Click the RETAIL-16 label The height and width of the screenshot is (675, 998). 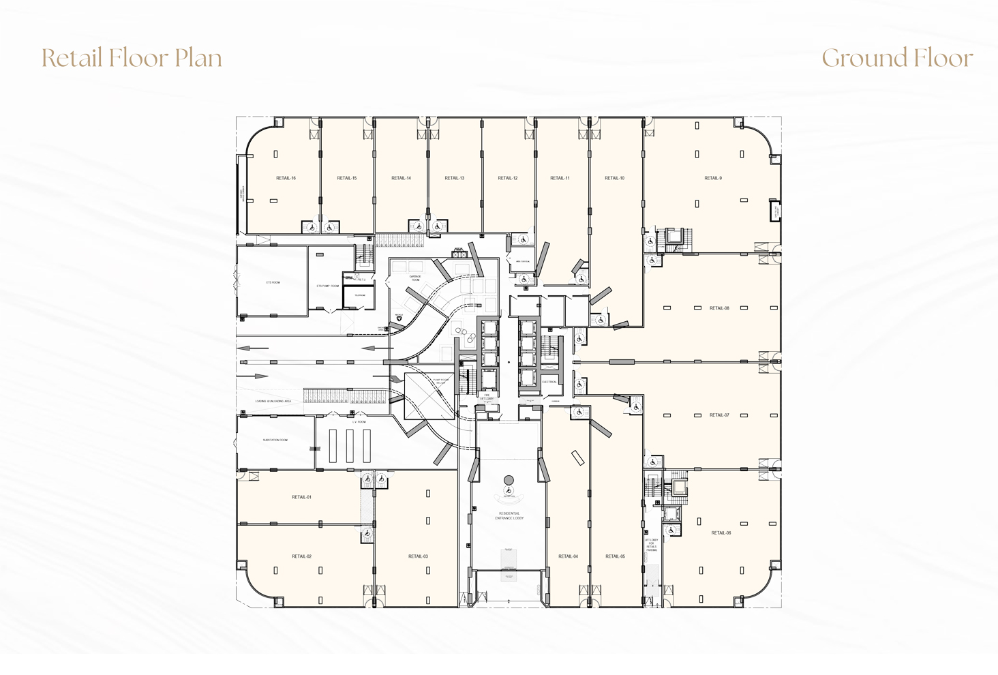click(x=286, y=178)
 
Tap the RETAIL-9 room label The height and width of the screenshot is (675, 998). click(x=712, y=178)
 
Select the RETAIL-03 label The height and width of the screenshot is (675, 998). click(x=418, y=556)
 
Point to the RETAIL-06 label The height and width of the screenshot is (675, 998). click(x=721, y=533)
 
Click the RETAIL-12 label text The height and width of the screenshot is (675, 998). click(x=507, y=178)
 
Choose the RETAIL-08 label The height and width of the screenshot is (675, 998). click(x=719, y=308)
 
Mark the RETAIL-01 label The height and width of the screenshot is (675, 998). click(x=301, y=497)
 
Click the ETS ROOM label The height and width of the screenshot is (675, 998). click(x=273, y=282)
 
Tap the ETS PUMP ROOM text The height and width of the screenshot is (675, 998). click(x=327, y=286)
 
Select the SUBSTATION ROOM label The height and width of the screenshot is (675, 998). click(x=275, y=440)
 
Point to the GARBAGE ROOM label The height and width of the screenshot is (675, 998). click(x=415, y=278)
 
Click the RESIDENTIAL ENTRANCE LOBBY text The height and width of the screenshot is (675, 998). click(x=509, y=516)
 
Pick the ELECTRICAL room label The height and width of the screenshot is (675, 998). click(x=549, y=382)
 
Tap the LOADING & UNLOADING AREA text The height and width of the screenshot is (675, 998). click(x=273, y=402)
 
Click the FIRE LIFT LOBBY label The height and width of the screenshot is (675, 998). click(x=487, y=397)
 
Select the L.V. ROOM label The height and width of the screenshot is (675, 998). click(x=359, y=422)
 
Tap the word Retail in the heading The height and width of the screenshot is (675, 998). click(x=72, y=59)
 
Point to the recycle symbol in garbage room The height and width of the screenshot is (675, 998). click(x=399, y=318)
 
